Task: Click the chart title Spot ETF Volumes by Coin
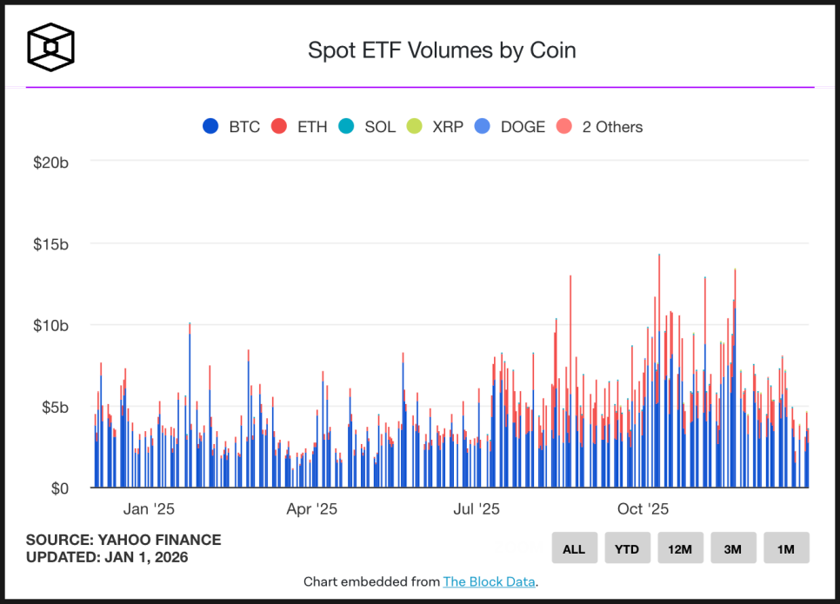pyautogui.click(x=442, y=50)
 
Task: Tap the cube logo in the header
pyautogui.click(x=50, y=46)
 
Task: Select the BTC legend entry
pyautogui.click(x=231, y=127)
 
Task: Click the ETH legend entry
pyautogui.click(x=299, y=127)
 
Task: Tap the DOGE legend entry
pyautogui.click(x=510, y=127)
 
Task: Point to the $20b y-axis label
pyautogui.click(x=51, y=163)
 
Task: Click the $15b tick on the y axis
pyautogui.click(x=51, y=244)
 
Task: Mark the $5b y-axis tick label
pyautogui.click(x=55, y=407)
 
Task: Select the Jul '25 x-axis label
pyautogui.click(x=476, y=508)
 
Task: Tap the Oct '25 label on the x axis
pyautogui.click(x=643, y=508)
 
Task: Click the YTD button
pyautogui.click(x=627, y=548)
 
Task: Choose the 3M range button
pyautogui.click(x=733, y=548)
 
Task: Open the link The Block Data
pyautogui.click(x=489, y=581)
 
